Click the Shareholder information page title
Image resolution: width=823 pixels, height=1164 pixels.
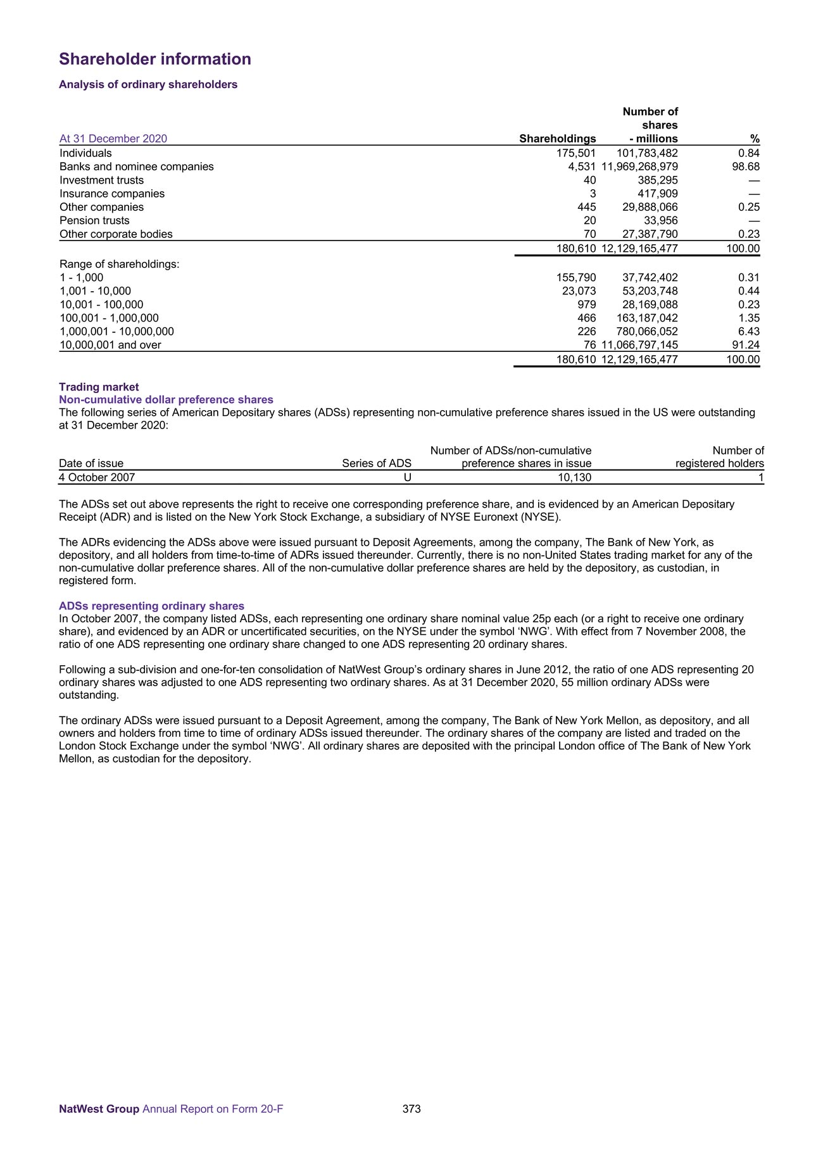tap(155, 59)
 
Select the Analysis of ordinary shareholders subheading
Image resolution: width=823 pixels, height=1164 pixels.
tap(148, 85)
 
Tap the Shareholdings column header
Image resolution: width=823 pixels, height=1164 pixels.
tap(557, 139)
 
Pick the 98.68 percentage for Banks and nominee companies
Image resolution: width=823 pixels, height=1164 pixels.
tap(744, 166)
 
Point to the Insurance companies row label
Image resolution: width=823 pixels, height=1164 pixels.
tap(112, 194)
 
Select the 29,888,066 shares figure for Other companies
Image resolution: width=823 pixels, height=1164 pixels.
tap(650, 207)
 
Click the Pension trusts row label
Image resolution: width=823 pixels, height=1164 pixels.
tap(94, 220)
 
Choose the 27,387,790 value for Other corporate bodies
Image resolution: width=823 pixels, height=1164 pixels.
tap(650, 234)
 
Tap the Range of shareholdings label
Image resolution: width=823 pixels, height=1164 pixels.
tap(120, 264)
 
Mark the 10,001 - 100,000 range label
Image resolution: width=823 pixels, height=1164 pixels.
tap(101, 304)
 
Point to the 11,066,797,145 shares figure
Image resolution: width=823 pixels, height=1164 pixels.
tap(639, 345)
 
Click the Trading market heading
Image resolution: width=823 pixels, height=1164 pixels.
tap(99, 387)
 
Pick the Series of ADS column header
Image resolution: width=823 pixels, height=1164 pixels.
tap(377, 463)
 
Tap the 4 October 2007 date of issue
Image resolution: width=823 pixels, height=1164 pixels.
tap(97, 477)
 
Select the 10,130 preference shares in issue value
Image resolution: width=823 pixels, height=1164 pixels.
tap(574, 477)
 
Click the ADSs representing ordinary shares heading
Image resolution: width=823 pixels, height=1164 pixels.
tap(151, 606)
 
